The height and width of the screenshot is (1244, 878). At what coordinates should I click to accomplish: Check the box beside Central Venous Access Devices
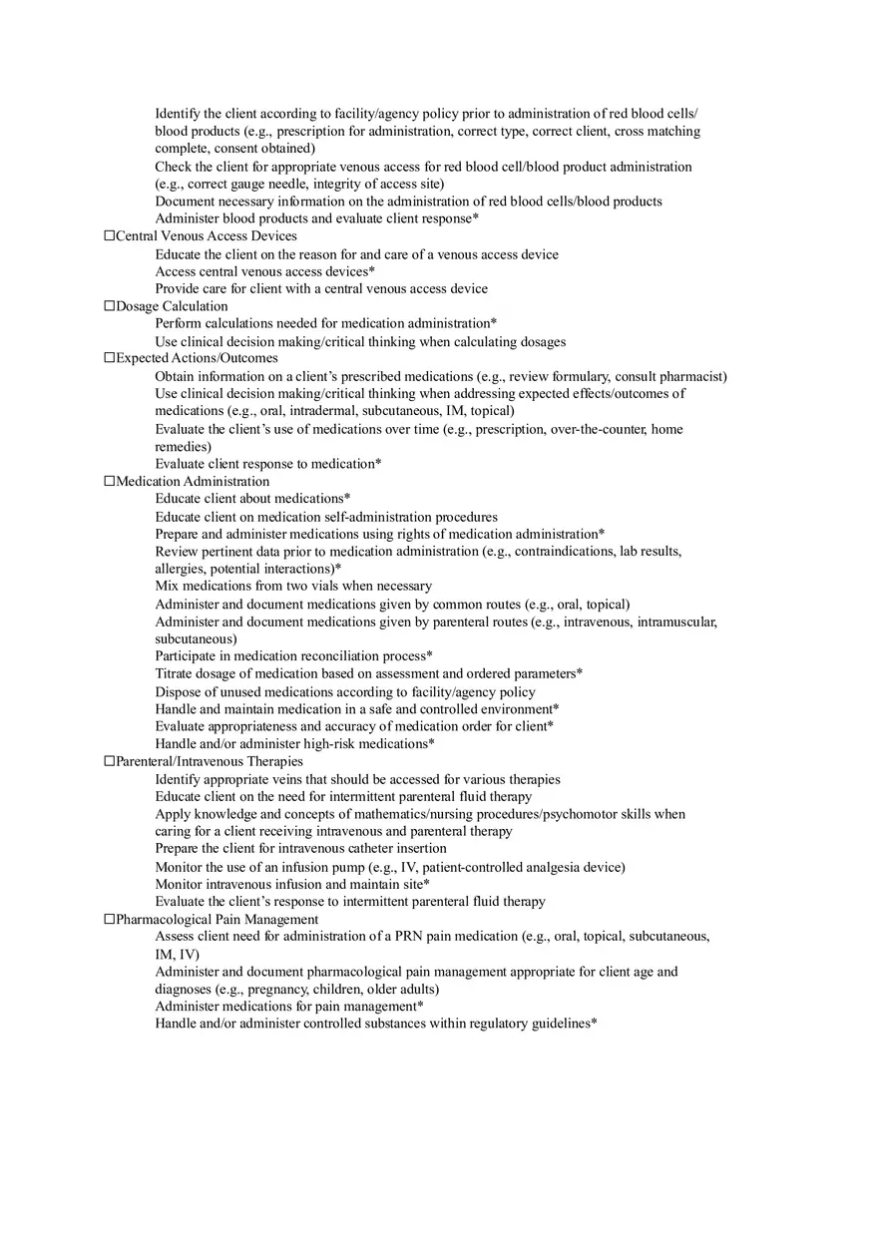coord(110,236)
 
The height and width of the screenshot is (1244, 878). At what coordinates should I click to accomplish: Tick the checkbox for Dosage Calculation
coord(110,306)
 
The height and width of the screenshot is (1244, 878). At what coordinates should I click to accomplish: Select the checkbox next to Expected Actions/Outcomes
coord(110,358)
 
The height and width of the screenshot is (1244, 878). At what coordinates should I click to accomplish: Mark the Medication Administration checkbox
coord(110,482)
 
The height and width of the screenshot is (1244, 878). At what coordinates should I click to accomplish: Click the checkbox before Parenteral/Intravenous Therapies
coord(110,761)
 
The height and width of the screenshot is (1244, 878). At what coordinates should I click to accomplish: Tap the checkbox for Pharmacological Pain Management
coord(110,920)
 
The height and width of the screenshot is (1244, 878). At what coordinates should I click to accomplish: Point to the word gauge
coord(260,184)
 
